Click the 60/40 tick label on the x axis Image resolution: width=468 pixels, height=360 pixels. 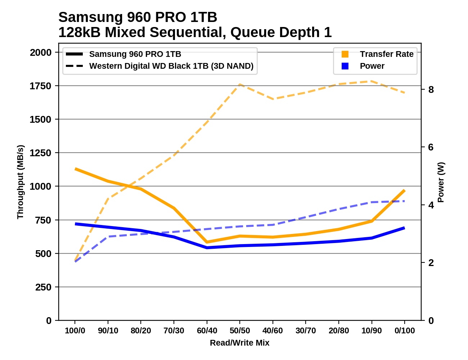click(207, 330)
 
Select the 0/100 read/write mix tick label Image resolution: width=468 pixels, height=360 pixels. click(405, 330)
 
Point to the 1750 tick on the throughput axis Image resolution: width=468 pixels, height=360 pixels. click(41, 86)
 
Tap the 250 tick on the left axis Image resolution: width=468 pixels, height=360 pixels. click(43, 287)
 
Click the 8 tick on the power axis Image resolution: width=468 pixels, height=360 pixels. click(431, 89)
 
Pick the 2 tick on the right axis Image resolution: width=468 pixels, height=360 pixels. click(431, 263)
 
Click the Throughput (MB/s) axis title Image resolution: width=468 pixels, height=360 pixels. click(20, 182)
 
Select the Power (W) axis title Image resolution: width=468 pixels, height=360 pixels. click(441, 182)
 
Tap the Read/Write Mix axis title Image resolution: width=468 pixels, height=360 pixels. click(239, 343)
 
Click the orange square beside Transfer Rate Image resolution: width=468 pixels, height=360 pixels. click(345, 54)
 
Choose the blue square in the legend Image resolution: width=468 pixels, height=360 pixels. click(345, 66)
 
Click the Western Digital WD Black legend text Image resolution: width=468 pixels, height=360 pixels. click(171, 66)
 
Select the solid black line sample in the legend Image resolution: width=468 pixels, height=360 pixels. click(75, 54)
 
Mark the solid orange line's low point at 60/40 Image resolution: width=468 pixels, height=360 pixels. click(207, 242)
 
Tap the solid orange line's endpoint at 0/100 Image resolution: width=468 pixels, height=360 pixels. click(405, 190)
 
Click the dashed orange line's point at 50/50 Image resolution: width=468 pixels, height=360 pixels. click(240, 85)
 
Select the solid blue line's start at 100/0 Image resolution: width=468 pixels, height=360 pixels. click(75, 224)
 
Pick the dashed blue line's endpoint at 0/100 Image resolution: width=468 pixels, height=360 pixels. click(405, 201)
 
